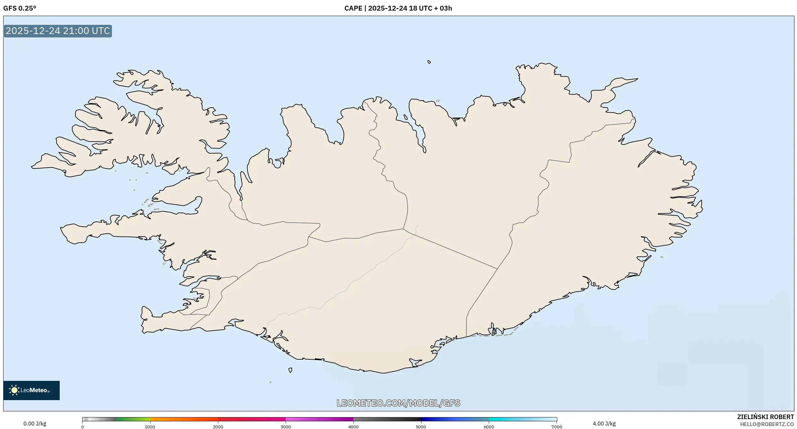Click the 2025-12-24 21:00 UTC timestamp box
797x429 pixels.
pyautogui.click(x=58, y=31)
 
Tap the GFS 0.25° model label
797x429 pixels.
pyautogui.click(x=20, y=8)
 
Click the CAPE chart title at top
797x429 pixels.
pyautogui.click(x=398, y=8)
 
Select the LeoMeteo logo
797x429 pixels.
pyautogui.click(x=31, y=390)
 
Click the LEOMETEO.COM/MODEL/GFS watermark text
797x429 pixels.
pyautogui.click(x=398, y=403)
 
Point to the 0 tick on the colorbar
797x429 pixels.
pyautogui.click(x=82, y=427)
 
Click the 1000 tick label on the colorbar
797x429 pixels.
pyautogui.click(x=150, y=427)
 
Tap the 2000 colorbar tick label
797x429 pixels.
pyautogui.click(x=218, y=427)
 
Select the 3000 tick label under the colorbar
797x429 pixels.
pyautogui.click(x=286, y=427)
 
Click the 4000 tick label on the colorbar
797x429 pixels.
pyautogui.click(x=353, y=427)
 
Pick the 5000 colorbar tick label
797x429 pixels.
pyautogui.click(x=421, y=427)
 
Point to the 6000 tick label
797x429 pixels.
pyautogui.click(x=489, y=427)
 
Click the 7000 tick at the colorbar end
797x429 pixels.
pyautogui.click(x=557, y=427)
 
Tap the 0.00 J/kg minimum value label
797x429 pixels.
pyautogui.click(x=35, y=424)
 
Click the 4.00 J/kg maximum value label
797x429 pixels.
pyautogui.click(x=604, y=424)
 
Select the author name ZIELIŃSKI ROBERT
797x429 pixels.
pyautogui.click(x=765, y=417)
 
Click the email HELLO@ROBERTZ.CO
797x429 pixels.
pyautogui.click(x=767, y=424)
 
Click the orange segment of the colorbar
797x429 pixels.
pyautogui.click(x=183, y=419)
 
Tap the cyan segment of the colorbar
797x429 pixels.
pyautogui.click(x=504, y=419)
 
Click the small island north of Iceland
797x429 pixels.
pyautogui.click(x=429, y=62)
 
